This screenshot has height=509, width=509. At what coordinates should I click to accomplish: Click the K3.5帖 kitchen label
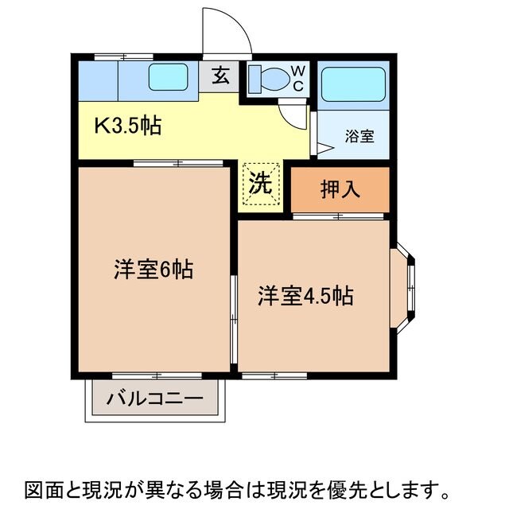tap(130, 125)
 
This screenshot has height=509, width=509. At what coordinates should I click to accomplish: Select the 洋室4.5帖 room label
tap(305, 296)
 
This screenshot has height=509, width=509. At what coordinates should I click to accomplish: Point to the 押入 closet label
tap(340, 189)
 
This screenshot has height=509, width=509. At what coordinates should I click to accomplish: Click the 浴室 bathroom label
tap(359, 136)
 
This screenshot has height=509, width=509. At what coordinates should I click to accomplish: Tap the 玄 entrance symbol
tap(221, 77)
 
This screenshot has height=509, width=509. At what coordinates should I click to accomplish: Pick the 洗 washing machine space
tap(262, 183)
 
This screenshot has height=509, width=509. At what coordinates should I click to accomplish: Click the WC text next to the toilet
tap(297, 78)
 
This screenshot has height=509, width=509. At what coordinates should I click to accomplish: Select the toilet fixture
tap(267, 80)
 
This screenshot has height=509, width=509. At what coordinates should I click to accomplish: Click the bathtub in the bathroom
tap(354, 81)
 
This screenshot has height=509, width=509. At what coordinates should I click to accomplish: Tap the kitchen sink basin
tap(168, 78)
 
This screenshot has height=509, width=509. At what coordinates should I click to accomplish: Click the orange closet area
tap(340, 189)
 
